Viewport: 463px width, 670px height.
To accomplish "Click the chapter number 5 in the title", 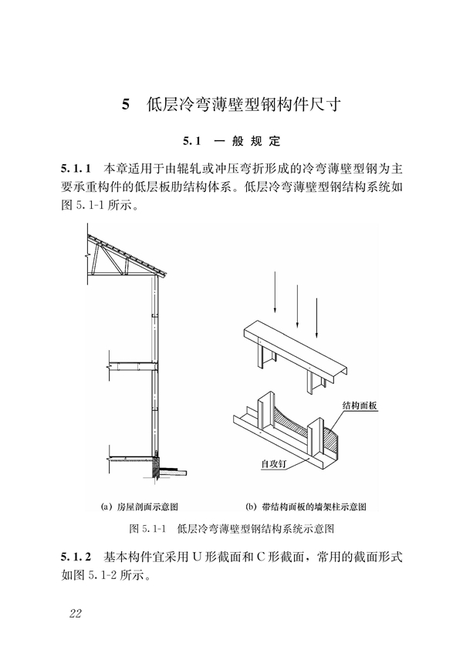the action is click(125, 104).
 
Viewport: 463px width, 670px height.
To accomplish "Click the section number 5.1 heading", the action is click(191, 141).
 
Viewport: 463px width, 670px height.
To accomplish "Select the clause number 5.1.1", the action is click(76, 168).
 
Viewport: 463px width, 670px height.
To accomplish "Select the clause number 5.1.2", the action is click(76, 557).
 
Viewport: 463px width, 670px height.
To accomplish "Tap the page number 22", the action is click(76, 614).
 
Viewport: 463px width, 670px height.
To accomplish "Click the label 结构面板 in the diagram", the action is click(360, 406).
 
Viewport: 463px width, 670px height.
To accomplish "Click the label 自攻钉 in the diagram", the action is click(274, 463).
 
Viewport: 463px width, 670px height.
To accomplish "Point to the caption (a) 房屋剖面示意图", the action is click(140, 507).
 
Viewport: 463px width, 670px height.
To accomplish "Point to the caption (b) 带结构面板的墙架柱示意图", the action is click(306, 507).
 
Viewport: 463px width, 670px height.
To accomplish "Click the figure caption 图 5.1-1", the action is click(147, 529).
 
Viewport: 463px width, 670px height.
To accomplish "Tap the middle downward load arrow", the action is click(297, 306).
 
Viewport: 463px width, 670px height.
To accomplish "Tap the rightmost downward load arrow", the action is click(317, 318).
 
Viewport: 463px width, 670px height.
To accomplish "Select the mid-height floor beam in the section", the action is click(132, 366).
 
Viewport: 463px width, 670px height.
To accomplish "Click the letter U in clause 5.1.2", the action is click(197, 557).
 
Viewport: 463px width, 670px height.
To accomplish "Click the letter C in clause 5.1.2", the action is click(262, 557).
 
